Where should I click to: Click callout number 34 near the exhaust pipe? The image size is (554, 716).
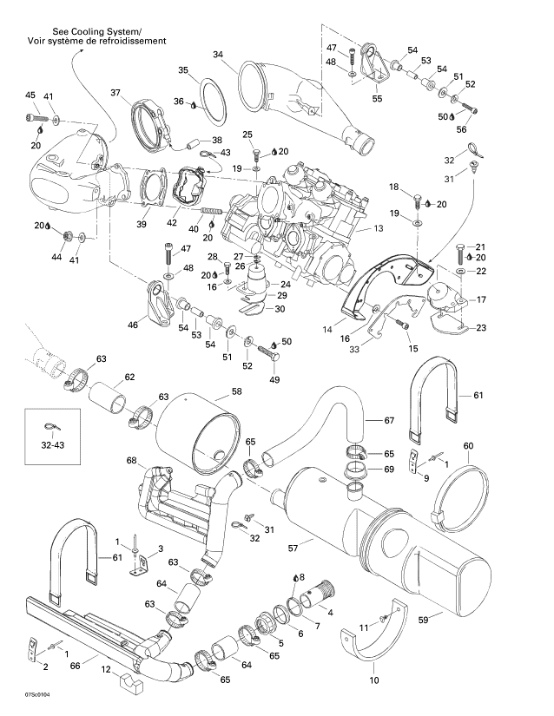pyautogui.click(x=217, y=55)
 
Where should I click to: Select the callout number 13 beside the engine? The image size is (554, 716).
pyautogui.click(x=378, y=228)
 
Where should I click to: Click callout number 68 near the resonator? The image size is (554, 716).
pyautogui.click(x=132, y=460)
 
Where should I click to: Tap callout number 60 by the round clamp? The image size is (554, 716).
pyautogui.click(x=468, y=445)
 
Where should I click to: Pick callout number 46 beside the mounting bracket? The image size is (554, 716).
pyautogui.click(x=133, y=325)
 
